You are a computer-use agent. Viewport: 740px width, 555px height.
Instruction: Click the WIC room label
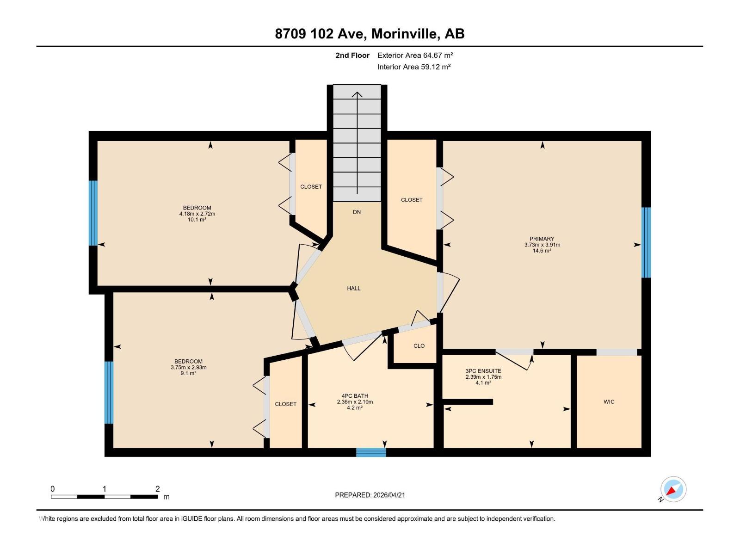coord(609,402)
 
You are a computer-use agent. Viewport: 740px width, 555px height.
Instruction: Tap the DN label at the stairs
coord(357,212)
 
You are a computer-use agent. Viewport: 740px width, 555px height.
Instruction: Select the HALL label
coord(353,289)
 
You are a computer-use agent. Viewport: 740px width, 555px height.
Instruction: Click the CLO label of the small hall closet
coord(419,346)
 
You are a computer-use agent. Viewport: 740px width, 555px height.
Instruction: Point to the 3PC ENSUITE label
coord(483,371)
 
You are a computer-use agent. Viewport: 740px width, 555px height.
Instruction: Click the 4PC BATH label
coord(355,396)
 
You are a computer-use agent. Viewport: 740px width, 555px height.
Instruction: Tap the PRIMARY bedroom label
coord(542,239)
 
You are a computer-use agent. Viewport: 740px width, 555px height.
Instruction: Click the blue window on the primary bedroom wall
coord(646,242)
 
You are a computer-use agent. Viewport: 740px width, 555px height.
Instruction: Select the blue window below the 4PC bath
coord(370,452)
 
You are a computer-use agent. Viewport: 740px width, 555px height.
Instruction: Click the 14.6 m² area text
coord(542,251)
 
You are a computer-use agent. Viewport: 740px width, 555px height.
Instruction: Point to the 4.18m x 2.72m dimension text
coord(197,214)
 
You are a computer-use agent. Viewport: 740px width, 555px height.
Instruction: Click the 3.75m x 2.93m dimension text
coord(188,368)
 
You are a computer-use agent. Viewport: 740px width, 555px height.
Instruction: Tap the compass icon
coord(673,489)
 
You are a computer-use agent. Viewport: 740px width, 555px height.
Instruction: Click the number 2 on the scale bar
coord(157,489)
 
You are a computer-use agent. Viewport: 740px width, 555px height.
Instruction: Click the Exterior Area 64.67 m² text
coord(415,55)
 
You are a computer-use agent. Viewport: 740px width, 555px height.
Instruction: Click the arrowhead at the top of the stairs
coord(357,95)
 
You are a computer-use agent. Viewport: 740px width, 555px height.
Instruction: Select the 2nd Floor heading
coord(352,55)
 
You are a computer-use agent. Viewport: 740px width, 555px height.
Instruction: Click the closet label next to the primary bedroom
coord(411,200)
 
